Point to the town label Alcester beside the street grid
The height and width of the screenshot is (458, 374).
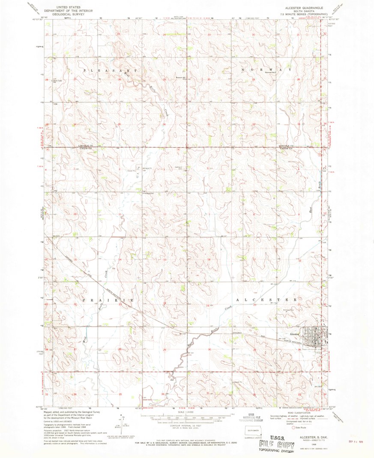coord(294,333)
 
